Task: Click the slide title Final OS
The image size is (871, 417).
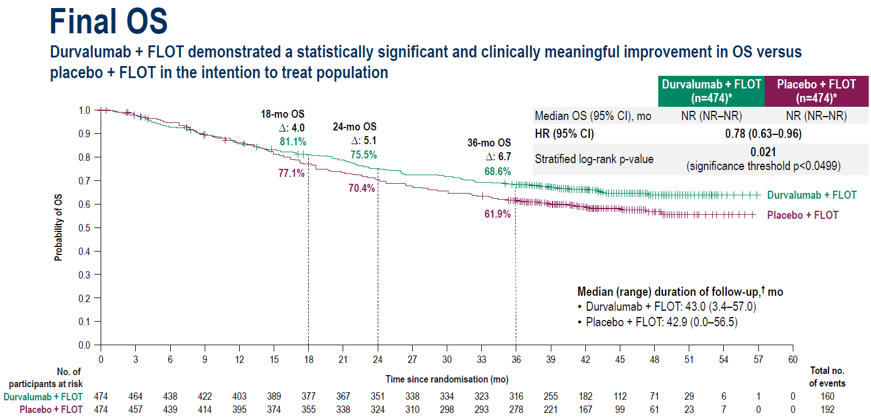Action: point(109,22)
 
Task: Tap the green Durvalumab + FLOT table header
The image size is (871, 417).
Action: point(711,91)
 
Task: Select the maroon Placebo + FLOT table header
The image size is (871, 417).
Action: point(816,91)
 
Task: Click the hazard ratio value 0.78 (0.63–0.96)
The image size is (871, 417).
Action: point(763,134)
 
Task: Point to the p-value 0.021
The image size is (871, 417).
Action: point(763,152)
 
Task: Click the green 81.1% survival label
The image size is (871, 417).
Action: point(293,141)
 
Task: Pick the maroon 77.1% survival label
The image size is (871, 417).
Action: point(291,173)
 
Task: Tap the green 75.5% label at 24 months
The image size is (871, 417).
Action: point(363,155)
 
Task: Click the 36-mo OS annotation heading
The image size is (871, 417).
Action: point(489,143)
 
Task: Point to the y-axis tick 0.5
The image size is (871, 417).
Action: point(85,228)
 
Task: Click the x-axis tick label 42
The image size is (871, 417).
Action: point(585,359)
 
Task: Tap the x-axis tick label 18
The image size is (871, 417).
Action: point(308,359)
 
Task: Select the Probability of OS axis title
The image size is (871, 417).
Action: point(59,227)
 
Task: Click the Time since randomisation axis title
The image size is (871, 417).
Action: point(447,379)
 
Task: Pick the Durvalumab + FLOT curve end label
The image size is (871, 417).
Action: point(812,195)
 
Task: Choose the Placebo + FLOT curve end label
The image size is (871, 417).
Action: point(803,215)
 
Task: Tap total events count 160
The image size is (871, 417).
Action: point(827,396)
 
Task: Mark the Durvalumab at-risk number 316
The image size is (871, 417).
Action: point(516,396)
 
